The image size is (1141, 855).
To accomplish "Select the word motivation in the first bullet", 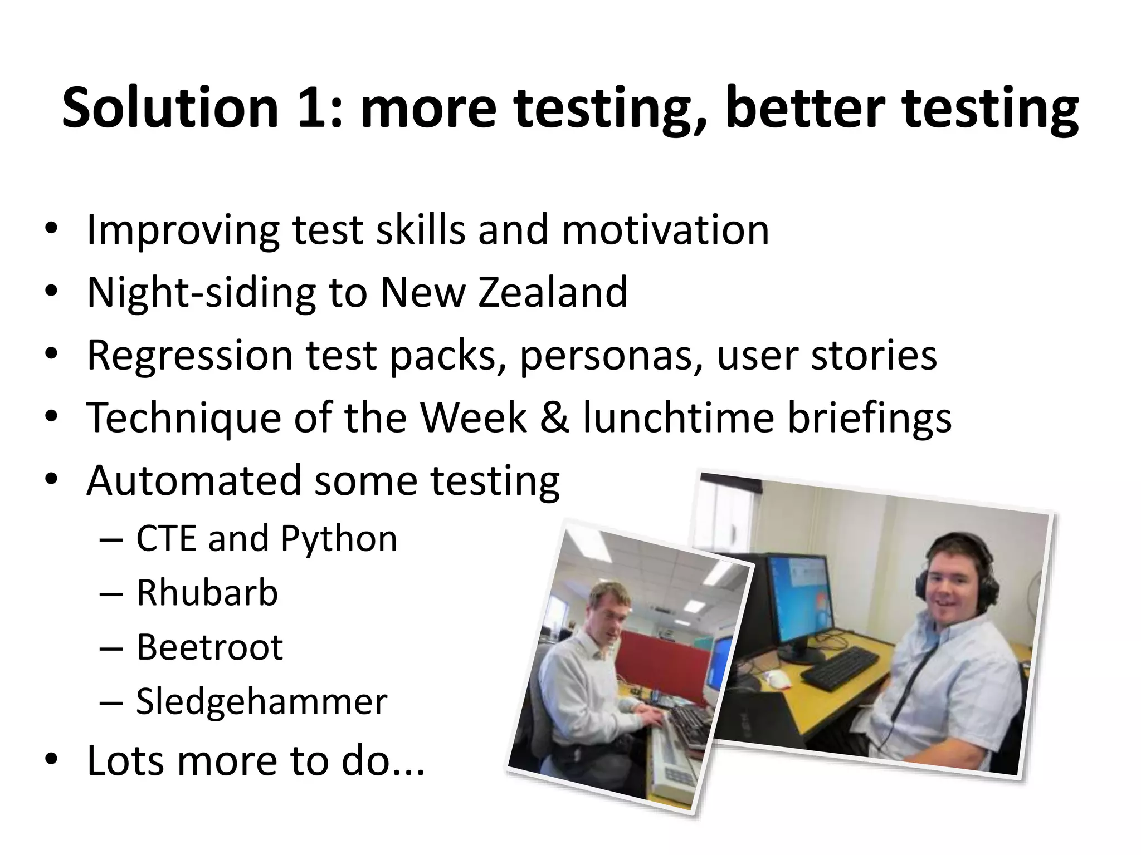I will pos(665,229).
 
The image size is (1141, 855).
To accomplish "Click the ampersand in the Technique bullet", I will pos(554,417).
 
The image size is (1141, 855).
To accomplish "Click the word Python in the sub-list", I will pos(339,539).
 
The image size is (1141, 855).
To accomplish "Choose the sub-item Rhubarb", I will pos(207,593).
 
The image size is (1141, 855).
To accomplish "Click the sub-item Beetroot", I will pos(210,647).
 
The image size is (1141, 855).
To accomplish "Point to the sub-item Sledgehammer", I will pos(261,701).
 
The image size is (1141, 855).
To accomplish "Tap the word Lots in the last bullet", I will pos(125,760).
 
